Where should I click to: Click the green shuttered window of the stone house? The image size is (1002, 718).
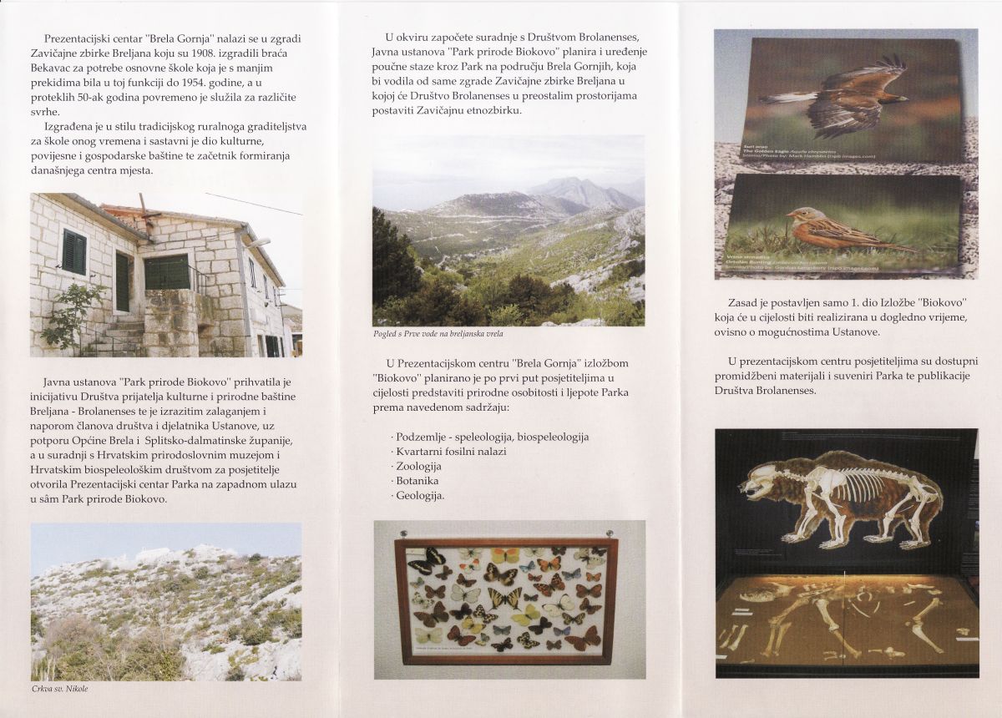coord(74,251)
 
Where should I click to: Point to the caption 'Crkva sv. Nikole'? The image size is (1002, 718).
coord(59,688)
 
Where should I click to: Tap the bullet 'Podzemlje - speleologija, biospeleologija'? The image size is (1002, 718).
coord(491,437)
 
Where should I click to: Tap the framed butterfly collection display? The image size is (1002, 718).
coord(509,599)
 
